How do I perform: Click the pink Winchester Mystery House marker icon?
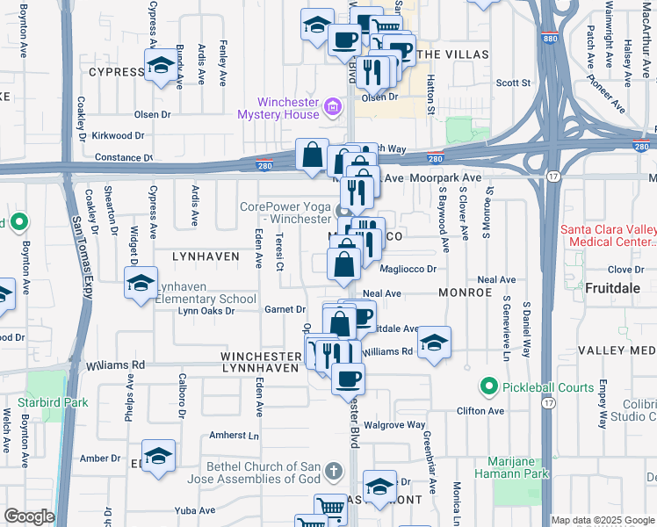pos(333,108)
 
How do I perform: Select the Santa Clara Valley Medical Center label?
pos(608,235)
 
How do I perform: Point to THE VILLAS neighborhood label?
pos(452,54)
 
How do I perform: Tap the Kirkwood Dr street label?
pos(117,135)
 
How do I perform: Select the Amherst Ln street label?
pos(235,436)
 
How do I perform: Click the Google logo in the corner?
pos(29,516)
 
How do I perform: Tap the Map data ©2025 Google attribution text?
pos(603,520)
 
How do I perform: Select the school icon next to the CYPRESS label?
pos(161,66)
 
